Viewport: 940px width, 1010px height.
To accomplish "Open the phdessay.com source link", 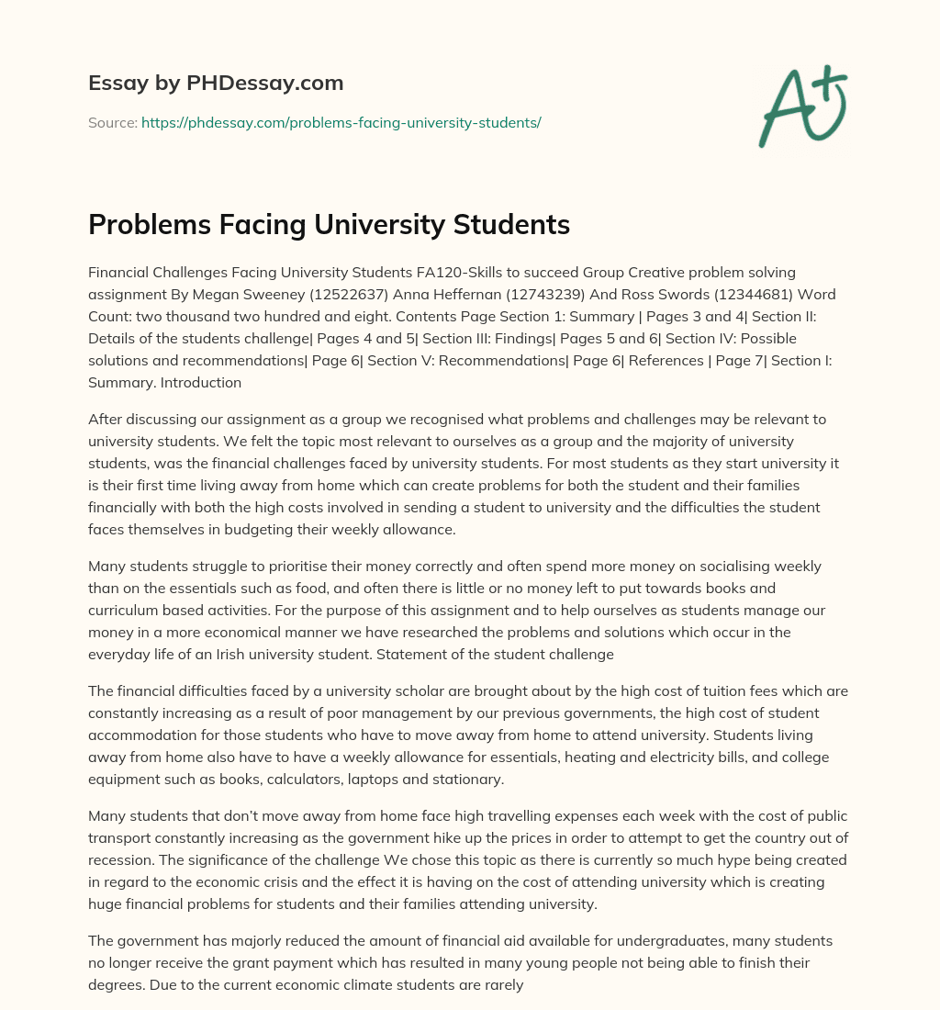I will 341,122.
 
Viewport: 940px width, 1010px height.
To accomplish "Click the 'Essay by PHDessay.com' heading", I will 216,84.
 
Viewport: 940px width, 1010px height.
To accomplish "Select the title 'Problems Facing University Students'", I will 329,225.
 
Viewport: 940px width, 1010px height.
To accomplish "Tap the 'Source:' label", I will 112,122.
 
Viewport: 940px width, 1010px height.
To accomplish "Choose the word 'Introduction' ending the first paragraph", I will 201,382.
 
